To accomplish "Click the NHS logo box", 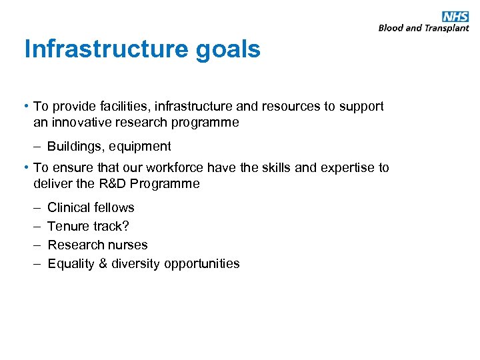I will [x=455, y=17].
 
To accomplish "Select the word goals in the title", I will [x=229, y=49].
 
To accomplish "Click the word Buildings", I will [x=73, y=146].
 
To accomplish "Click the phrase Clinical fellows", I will [x=91, y=207].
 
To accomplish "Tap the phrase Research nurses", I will [x=97, y=245].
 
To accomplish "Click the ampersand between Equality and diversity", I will [x=103, y=263].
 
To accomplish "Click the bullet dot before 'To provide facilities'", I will [x=27, y=106].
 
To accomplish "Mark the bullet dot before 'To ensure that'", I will [x=27, y=167].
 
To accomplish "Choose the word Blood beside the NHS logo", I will [x=391, y=28].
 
